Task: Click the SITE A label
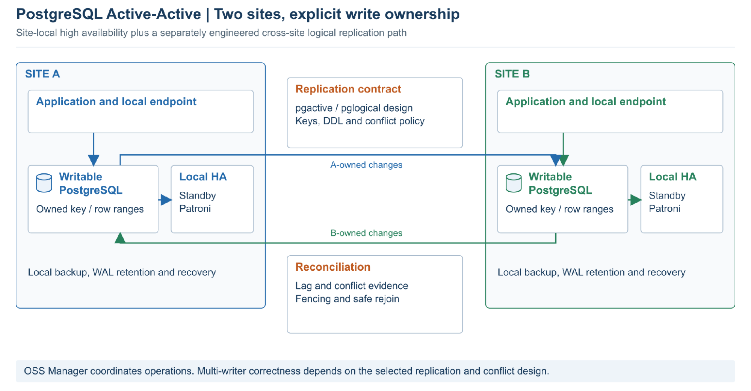(x=42, y=74)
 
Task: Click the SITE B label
(x=512, y=74)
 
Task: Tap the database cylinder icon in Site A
(x=44, y=183)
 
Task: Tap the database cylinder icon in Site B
(x=514, y=183)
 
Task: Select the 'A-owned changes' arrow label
(x=366, y=165)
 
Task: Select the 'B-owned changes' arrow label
(x=366, y=233)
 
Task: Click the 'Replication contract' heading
(x=348, y=89)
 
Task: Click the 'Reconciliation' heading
(x=333, y=267)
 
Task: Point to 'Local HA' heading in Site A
(x=203, y=177)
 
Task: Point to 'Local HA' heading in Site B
(x=672, y=177)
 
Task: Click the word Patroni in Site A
(x=195, y=209)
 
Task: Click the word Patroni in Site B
(x=665, y=209)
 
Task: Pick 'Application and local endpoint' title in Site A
(x=116, y=102)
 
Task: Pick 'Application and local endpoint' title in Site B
(x=586, y=102)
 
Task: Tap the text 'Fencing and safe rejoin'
(x=347, y=299)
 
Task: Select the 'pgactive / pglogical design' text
(x=354, y=108)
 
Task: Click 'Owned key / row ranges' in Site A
(x=90, y=209)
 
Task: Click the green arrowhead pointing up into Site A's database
(x=120, y=238)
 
